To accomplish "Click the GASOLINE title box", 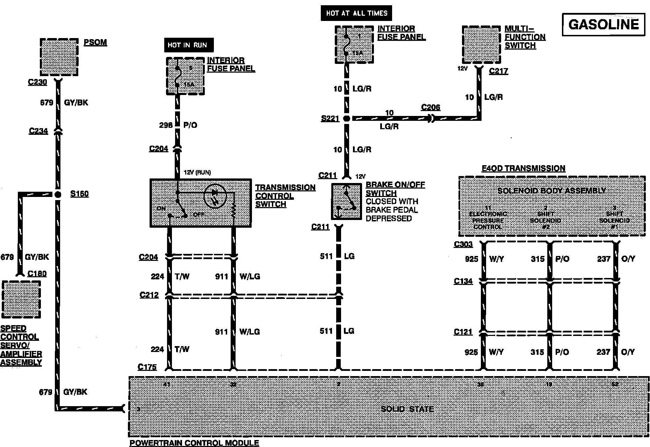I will pyautogui.click(x=604, y=24).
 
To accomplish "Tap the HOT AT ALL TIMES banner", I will pyautogui.click(x=356, y=13).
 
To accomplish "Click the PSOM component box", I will pyautogui.click(x=59, y=57).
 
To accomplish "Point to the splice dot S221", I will pyautogui.click(x=346, y=118).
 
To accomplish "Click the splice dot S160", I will pyautogui.click(x=58, y=194).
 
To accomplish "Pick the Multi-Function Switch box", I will pyautogui.click(x=481, y=44).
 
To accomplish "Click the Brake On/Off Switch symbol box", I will pyautogui.click(x=346, y=201).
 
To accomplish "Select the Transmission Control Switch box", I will pyautogui.click(x=200, y=203).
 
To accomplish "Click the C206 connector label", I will pyautogui.click(x=431, y=107).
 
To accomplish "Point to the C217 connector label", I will pyautogui.click(x=498, y=71).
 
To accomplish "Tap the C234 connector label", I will pyautogui.click(x=38, y=131).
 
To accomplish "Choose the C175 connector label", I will pyautogui.click(x=147, y=367).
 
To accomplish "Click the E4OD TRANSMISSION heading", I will pyautogui.click(x=523, y=168).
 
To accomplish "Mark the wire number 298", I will pyautogui.click(x=166, y=125).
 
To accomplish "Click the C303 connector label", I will pyautogui.click(x=463, y=244).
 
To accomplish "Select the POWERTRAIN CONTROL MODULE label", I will pyautogui.click(x=194, y=443).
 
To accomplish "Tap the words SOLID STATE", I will pyautogui.click(x=407, y=409).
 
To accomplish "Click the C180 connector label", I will pyautogui.click(x=37, y=273).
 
